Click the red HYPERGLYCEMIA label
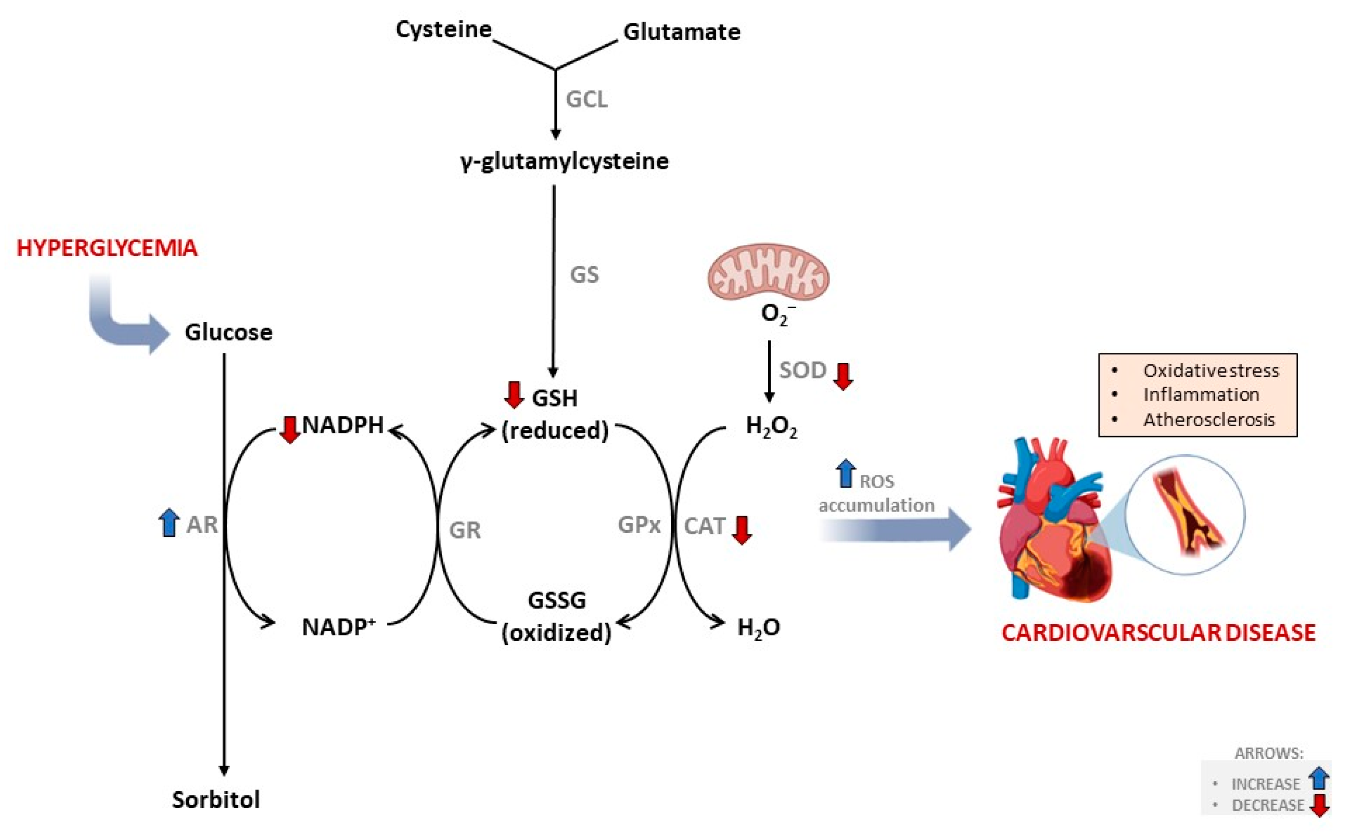[107, 248]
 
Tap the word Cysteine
[443, 29]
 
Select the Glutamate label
[681, 32]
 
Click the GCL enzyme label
[587, 100]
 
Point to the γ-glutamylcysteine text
[564, 161]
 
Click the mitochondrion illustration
[768, 272]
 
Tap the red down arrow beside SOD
[843, 376]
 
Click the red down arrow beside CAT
[741, 530]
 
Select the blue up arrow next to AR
[169, 522]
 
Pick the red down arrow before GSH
[514, 395]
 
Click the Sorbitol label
[216, 799]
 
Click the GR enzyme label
[465, 530]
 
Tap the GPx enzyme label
[639, 525]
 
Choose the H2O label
[758, 628]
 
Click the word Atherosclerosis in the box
[1209, 420]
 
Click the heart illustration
[1050, 525]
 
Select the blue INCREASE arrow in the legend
[1319, 779]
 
